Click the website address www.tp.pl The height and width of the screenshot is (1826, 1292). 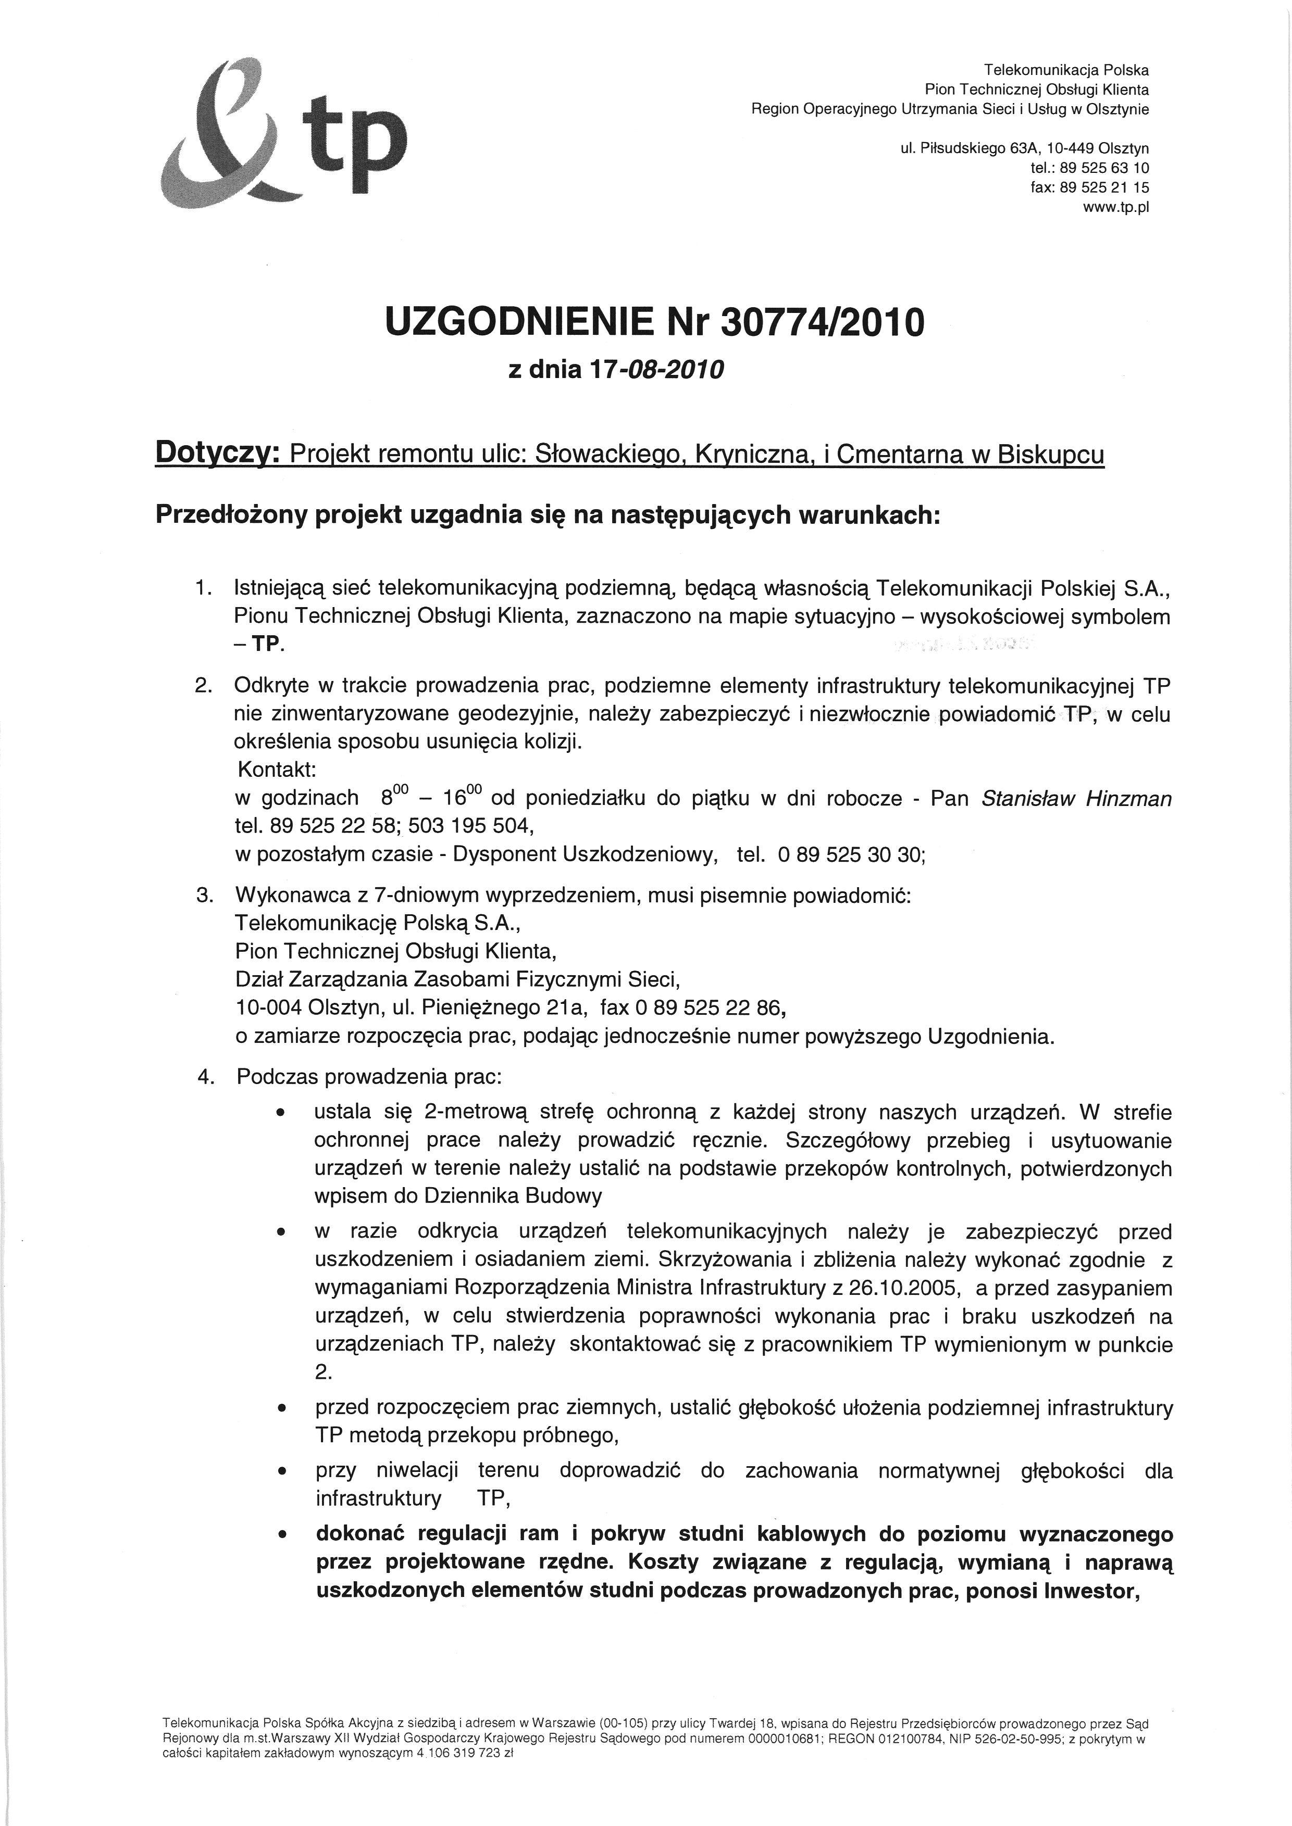[1116, 208]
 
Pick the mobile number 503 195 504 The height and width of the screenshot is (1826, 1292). [463, 826]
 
